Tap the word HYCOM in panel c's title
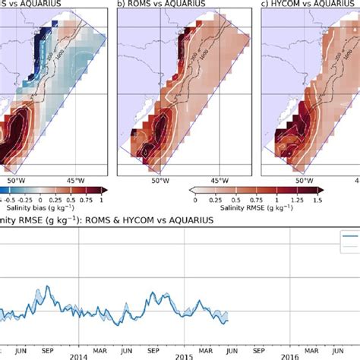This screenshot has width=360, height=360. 293,5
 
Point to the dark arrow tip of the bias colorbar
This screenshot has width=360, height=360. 106,190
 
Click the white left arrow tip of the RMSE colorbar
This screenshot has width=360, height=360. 191,190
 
